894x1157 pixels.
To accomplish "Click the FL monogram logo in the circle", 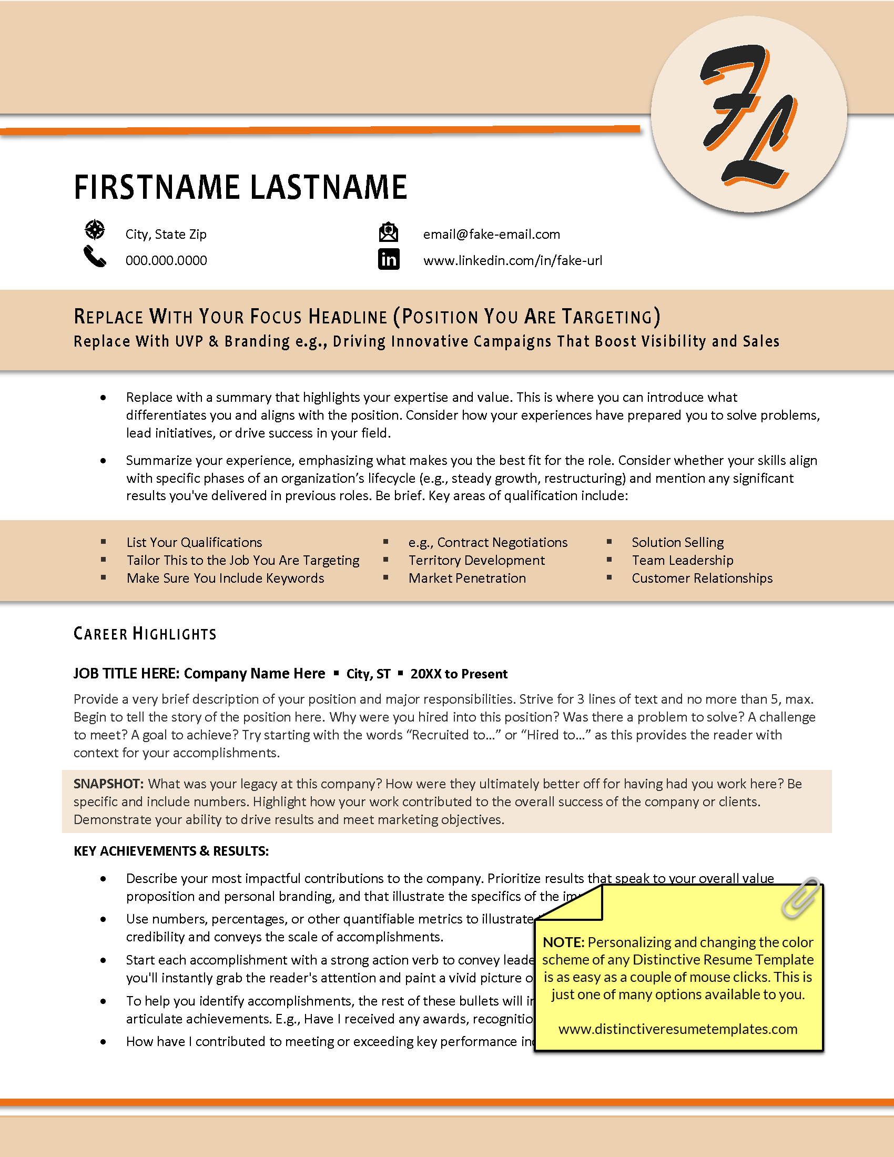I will click(748, 115).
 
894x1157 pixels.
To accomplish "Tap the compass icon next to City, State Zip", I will click(95, 230).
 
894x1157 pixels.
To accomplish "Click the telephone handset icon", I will click(95, 257).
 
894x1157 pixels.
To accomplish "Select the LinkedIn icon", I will click(389, 260).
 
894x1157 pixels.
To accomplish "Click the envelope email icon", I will click(389, 232).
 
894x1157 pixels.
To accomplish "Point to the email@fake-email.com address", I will click(491, 234).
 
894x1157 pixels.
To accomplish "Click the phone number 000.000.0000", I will click(166, 261).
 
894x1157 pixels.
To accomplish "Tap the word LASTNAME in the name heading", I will click(328, 188).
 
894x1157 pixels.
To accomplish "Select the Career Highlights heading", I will click(145, 634).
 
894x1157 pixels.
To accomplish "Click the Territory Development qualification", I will click(476, 561).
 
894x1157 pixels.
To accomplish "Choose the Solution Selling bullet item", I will click(677, 543).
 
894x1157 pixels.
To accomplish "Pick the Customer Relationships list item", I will click(702, 578).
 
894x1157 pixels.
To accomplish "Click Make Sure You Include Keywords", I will click(225, 578).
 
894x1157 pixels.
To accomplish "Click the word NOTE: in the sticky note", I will click(563, 942).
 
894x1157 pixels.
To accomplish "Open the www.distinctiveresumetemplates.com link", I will click(677, 1029).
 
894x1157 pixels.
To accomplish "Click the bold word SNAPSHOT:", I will click(108, 784).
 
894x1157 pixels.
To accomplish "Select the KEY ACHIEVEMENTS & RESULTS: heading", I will click(171, 851).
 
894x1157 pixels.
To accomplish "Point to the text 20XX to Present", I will click(459, 674).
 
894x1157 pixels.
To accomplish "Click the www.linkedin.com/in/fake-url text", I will click(512, 261).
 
